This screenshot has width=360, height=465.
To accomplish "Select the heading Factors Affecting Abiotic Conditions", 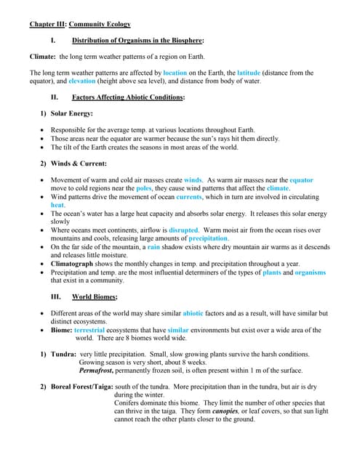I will [x=129, y=97].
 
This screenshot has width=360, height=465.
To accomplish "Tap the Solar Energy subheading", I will [x=71, y=113].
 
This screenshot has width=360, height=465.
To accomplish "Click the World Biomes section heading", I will [x=95, y=297].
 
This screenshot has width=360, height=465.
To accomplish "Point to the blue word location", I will [x=175, y=73].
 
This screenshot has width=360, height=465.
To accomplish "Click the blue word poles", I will [x=144, y=187].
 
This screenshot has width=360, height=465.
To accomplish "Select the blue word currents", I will [x=189, y=196].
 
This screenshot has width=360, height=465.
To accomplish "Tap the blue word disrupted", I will [x=183, y=230].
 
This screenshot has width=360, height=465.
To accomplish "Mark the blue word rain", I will [x=153, y=247].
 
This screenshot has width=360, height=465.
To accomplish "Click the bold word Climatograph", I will [x=75, y=264].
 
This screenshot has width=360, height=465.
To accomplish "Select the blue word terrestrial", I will [x=95, y=330].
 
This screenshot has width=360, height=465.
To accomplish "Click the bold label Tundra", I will [x=63, y=355].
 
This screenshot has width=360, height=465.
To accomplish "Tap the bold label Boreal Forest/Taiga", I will [x=81, y=387].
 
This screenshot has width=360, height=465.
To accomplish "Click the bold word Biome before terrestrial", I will [x=60, y=330].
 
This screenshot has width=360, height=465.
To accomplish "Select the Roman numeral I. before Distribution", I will [x=53, y=41].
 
